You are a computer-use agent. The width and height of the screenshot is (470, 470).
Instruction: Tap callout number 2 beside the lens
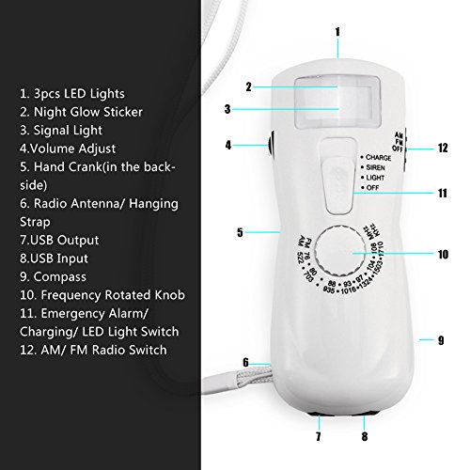(249, 87)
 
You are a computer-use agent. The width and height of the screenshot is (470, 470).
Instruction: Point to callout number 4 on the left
(228, 145)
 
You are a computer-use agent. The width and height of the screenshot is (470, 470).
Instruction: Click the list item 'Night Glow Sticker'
(85, 114)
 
